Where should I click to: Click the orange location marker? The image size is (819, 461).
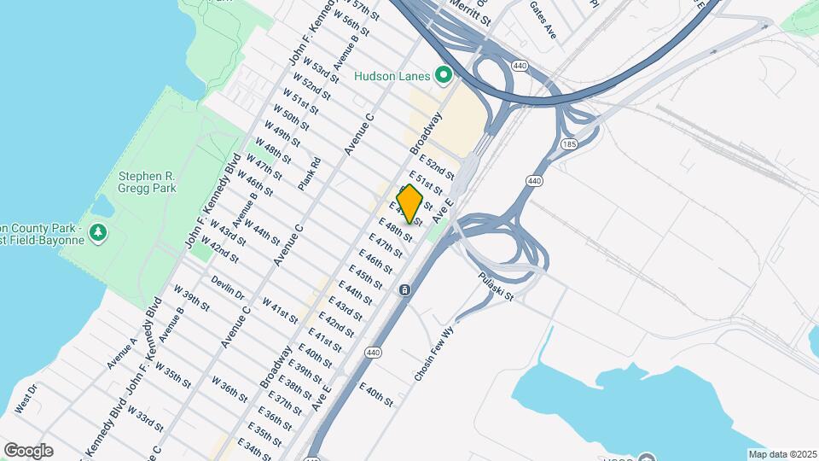(x=410, y=203)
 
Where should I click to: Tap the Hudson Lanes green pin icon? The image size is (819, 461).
(x=443, y=76)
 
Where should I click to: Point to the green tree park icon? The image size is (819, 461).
(x=99, y=232)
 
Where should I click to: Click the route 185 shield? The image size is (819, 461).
(x=568, y=144)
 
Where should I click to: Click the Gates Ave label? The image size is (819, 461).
(x=543, y=20)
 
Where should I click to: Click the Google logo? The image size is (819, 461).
(x=28, y=451)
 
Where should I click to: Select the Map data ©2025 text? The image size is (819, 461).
(x=781, y=454)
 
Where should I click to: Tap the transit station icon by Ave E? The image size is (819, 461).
(x=404, y=290)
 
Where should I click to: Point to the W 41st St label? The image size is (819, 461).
(x=280, y=312)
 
